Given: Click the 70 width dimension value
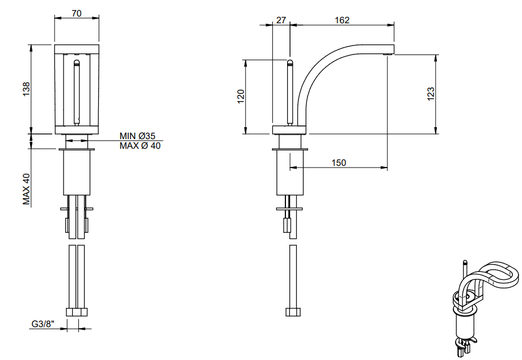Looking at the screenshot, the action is click(77, 13).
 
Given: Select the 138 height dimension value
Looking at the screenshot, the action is click(26, 89).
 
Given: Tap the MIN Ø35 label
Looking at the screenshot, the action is click(137, 136).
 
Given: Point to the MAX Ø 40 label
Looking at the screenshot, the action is click(140, 146).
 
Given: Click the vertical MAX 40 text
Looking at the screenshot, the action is click(26, 189).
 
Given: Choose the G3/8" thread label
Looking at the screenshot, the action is click(43, 324).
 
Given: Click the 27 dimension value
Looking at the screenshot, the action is click(281, 20).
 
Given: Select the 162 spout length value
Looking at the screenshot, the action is click(342, 20).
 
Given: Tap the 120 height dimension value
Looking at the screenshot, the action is click(241, 97).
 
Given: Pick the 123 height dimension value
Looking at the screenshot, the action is click(431, 94).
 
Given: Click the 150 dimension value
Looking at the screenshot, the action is click(339, 162).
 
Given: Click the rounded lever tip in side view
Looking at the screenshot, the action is click(289, 62).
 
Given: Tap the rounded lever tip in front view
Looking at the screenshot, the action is click(77, 62).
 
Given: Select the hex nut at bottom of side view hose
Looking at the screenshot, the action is click(293, 312).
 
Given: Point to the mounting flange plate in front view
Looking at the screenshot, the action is click(77, 149).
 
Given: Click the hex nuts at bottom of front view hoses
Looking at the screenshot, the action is click(77, 312).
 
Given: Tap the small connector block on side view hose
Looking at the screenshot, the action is click(287, 225).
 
